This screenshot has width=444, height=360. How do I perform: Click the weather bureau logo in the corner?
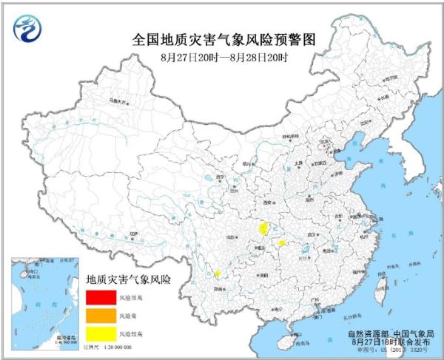tap(28, 27)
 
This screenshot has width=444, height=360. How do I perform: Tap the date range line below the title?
tap(223, 56)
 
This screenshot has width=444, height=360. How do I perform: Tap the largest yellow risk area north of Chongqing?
tap(263, 228)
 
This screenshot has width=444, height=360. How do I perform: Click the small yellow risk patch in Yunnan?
tap(218, 274)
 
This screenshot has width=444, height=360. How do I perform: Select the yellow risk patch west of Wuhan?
tap(282, 242)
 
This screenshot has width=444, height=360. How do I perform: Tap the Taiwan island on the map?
tap(382, 283)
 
